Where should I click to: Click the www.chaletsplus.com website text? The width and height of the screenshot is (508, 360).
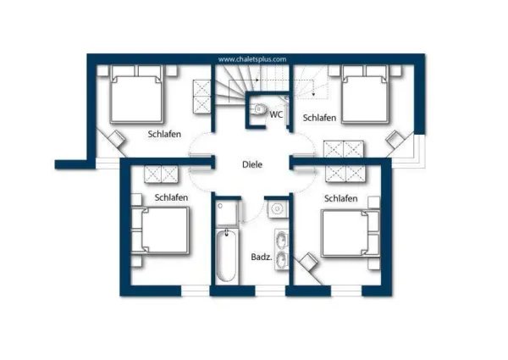[252, 59]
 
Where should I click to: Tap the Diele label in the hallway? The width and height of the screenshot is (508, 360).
[252, 165]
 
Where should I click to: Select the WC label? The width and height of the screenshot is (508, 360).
[276, 114]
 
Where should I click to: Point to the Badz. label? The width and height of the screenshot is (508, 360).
[261, 257]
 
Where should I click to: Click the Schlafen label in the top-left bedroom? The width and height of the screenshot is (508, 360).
[164, 134]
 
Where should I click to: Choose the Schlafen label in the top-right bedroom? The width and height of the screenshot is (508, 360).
[320, 118]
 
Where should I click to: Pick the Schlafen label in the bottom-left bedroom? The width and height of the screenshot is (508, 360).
[171, 197]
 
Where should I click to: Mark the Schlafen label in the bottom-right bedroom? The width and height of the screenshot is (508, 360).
[340, 198]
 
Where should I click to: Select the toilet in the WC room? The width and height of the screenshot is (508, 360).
[259, 109]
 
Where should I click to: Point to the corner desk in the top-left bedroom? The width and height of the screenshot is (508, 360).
[113, 142]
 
